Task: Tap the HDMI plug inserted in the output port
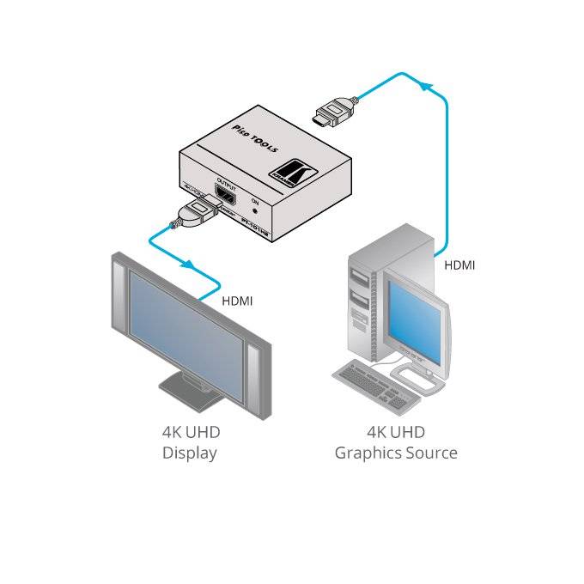(x=196, y=209)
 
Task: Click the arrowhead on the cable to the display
(x=187, y=265)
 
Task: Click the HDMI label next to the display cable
(x=237, y=301)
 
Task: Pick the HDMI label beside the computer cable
(x=459, y=265)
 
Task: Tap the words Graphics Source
(x=396, y=453)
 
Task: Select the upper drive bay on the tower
(x=360, y=275)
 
